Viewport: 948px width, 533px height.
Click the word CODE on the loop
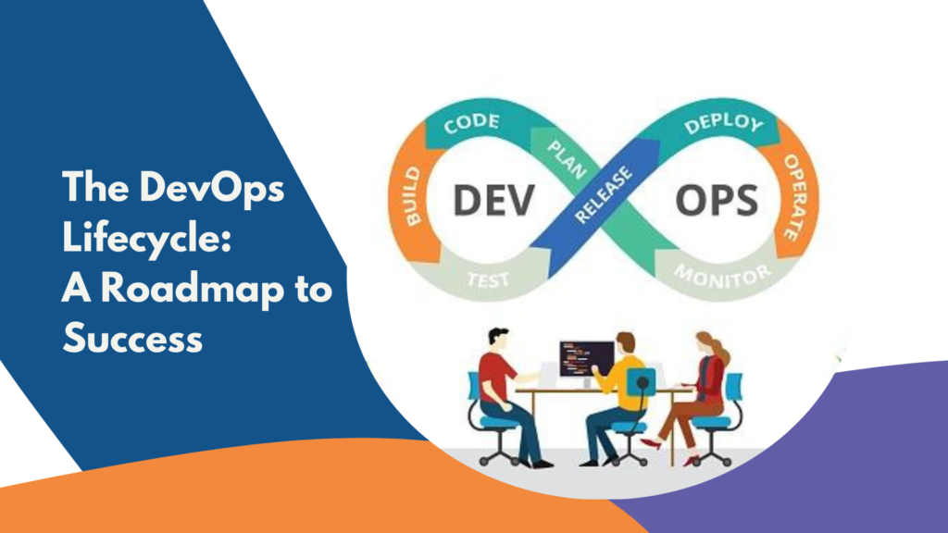(x=471, y=123)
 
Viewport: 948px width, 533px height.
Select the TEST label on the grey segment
(x=488, y=279)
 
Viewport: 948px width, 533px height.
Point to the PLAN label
(x=567, y=159)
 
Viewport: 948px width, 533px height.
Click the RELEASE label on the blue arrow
(x=604, y=194)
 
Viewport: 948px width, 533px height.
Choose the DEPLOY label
(x=724, y=123)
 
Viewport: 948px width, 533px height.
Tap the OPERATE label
(x=795, y=197)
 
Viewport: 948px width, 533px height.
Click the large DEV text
(x=494, y=201)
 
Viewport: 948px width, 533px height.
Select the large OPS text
(x=717, y=201)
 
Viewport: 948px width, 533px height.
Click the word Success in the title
(x=132, y=338)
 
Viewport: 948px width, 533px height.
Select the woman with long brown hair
(x=694, y=399)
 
